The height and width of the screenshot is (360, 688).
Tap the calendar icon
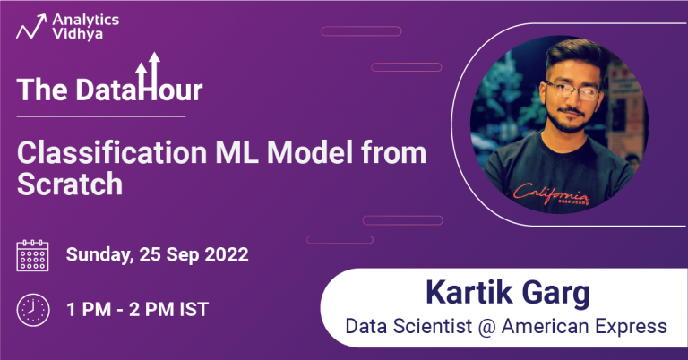click(x=33, y=255)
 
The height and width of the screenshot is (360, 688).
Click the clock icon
click(x=33, y=310)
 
